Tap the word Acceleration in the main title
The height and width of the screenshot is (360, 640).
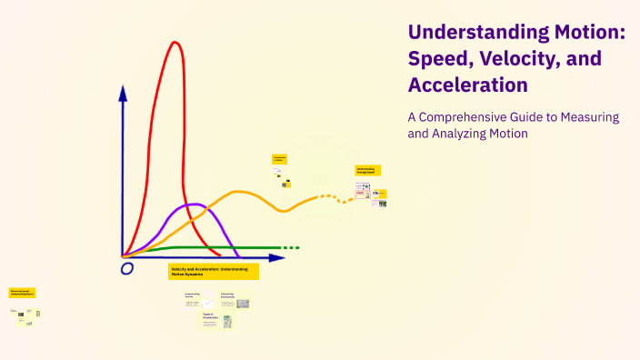[x=469, y=85]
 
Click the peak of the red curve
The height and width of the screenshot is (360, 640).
[x=172, y=43]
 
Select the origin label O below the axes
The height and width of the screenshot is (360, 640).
[x=126, y=268]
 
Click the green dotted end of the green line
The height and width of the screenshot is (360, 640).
[x=290, y=247]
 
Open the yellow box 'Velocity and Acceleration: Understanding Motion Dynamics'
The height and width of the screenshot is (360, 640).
[x=214, y=271]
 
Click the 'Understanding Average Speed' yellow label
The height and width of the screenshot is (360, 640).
[x=368, y=170]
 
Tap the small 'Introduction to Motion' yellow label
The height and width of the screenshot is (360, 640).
[x=280, y=159]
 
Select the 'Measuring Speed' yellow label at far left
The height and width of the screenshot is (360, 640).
[x=22, y=293]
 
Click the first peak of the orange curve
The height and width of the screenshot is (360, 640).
[x=239, y=192]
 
